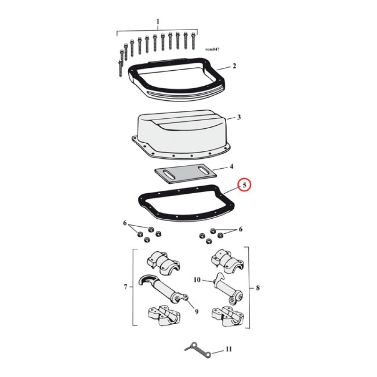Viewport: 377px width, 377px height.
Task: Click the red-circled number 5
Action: (245, 186)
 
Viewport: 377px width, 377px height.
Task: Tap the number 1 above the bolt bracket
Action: (158, 22)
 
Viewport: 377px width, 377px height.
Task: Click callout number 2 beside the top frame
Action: (234, 66)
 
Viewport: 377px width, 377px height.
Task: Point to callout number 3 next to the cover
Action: (239, 117)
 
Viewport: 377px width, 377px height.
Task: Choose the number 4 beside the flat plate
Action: (231, 166)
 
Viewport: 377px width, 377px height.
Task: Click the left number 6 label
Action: (125, 222)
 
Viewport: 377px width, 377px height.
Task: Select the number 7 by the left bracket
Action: (125, 287)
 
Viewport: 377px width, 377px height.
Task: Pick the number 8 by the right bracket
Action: (256, 287)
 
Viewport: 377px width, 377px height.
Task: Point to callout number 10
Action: (197, 279)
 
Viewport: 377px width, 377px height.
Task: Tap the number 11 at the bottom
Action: (229, 349)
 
